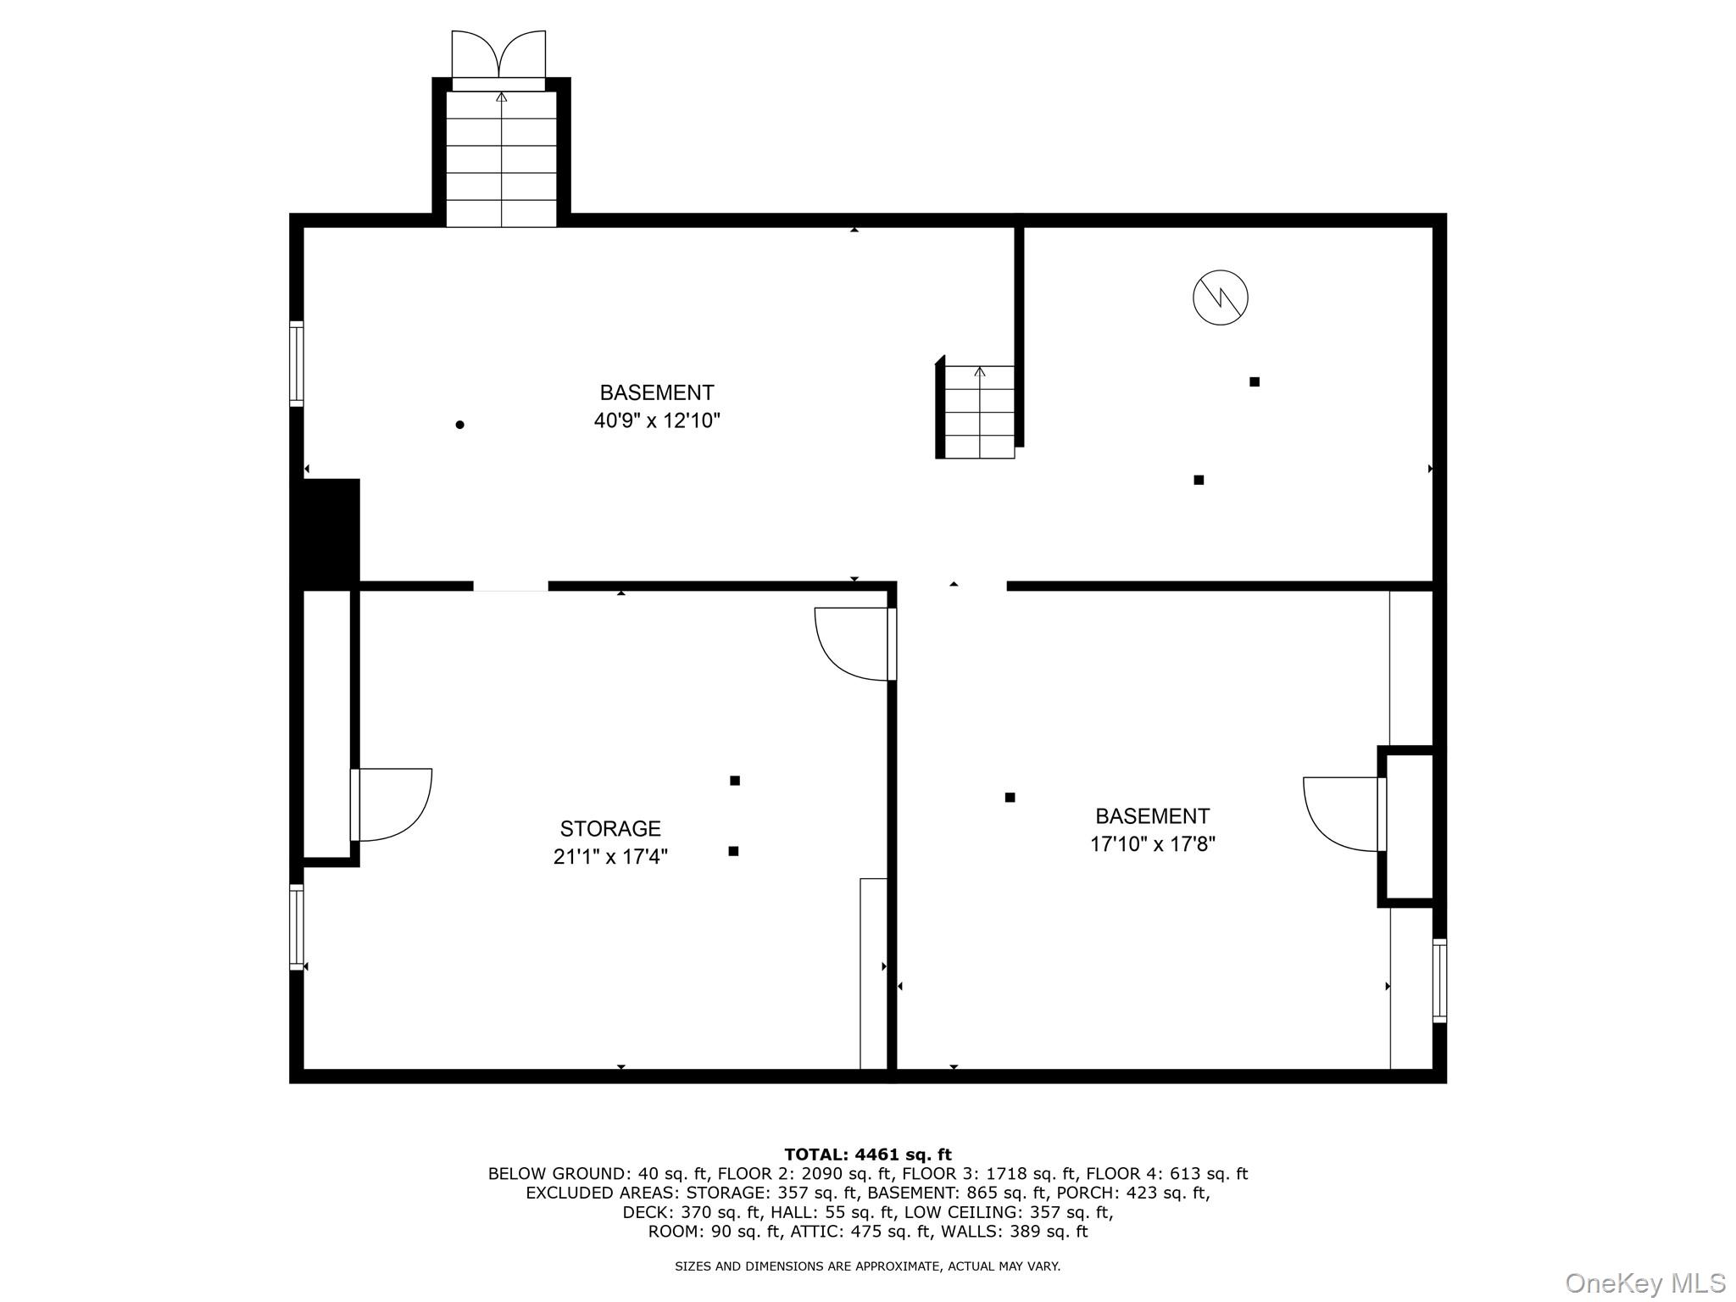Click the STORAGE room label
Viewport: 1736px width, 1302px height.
pyautogui.click(x=609, y=828)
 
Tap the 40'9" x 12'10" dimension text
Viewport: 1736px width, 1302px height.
pyautogui.click(x=656, y=420)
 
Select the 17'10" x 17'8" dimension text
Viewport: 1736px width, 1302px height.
pyautogui.click(x=1152, y=844)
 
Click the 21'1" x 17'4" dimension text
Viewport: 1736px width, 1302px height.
pyautogui.click(x=609, y=857)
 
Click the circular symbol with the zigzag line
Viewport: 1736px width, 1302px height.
pyautogui.click(x=1220, y=298)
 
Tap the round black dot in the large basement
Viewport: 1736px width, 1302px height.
pyautogui.click(x=459, y=425)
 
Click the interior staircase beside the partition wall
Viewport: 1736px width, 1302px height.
pyautogui.click(x=979, y=412)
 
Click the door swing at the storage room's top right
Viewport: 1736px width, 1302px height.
pyautogui.click(x=851, y=643)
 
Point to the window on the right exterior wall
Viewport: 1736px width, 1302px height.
pyautogui.click(x=1438, y=980)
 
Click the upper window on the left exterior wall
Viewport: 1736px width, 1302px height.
pyautogui.click(x=296, y=364)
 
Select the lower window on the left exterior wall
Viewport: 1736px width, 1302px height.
pyautogui.click(x=296, y=926)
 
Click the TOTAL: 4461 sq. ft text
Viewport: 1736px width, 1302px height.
pyautogui.click(x=867, y=1155)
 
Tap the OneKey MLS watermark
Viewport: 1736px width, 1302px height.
pyautogui.click(x=1644, y=1283)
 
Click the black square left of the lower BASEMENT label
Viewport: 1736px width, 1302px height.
pyautogui.click(x=1010, y=798)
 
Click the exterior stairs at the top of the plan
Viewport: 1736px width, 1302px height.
pyautogui.click(x=501, y=159)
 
